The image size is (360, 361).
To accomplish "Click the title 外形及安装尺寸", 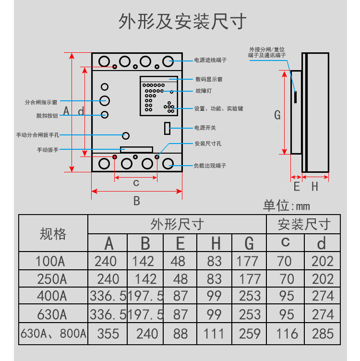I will coord(182,22).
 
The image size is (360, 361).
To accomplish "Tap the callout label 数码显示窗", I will coord(209,79).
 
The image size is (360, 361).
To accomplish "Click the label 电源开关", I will coord(205,128).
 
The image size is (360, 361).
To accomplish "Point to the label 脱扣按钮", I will coord(47,116).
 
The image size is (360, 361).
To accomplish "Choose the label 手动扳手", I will coord(48,150).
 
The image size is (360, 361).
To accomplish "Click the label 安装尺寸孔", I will coord(208,144).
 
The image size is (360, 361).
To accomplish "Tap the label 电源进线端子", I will coord(210,60).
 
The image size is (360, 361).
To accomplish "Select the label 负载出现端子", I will coord(210,166).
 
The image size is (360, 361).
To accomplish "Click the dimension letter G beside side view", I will coord(277,115).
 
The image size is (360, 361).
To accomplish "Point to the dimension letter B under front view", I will coord(136,201).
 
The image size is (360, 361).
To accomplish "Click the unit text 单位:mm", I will coord(287,206).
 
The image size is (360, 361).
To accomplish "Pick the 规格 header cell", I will coord(53,234).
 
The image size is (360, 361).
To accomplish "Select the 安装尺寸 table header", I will coord(304,224).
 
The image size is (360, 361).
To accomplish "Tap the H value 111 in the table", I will coord(215,334).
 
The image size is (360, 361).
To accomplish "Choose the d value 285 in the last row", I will coord(323,334).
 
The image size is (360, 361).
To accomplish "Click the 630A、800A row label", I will coord(53,334).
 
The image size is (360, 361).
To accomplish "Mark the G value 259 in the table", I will coord(249,334).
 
